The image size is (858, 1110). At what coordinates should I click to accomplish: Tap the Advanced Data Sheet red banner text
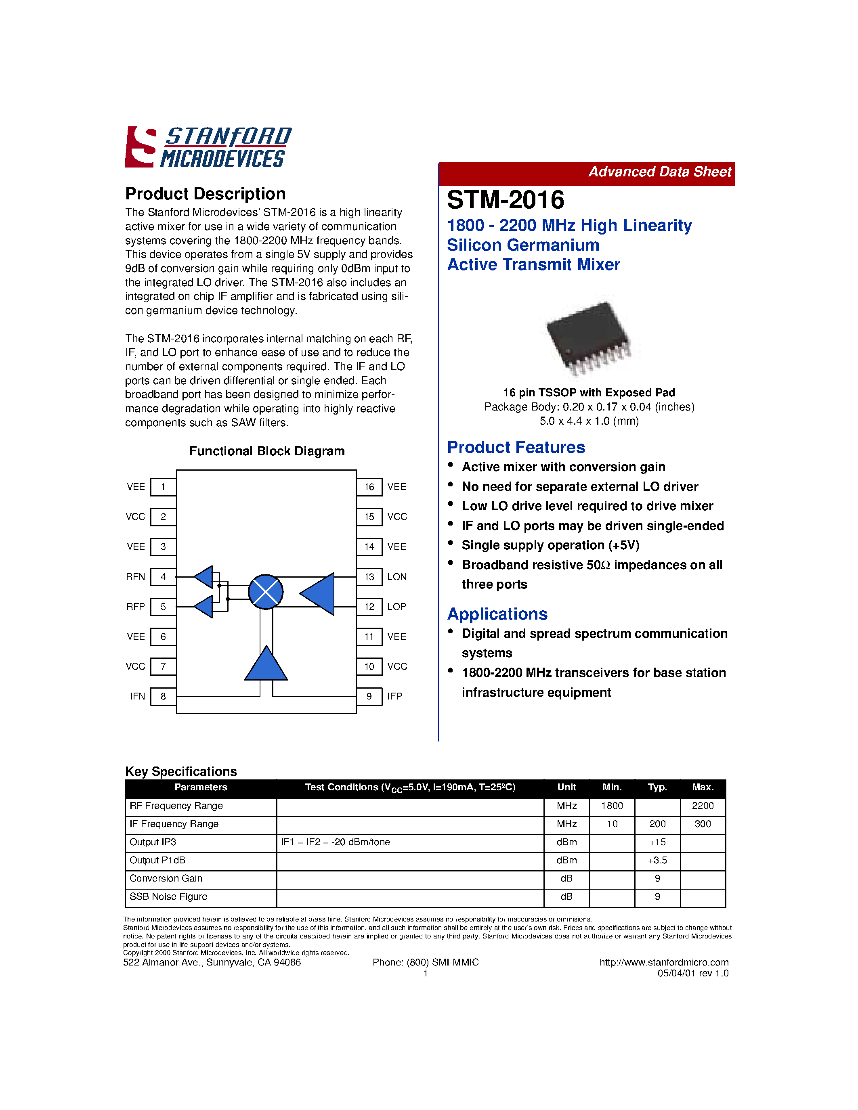point(659,172)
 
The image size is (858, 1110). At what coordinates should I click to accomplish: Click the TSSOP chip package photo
point(589,337)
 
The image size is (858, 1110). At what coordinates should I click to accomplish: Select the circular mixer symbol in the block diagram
point(265,592)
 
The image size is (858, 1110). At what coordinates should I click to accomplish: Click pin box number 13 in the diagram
point(369,577)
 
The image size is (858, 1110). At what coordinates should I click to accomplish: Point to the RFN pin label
point(136,577)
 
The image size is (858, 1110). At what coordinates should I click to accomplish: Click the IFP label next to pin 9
point(394,696)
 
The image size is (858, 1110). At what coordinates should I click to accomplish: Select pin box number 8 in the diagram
point(163,696)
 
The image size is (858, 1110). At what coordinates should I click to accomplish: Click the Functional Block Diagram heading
point(267,451)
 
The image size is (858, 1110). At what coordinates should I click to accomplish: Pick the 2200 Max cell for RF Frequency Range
point(703,806)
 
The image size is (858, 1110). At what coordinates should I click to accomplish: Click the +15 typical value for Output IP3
point(657,842)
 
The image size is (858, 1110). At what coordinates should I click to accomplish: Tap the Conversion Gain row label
point(166,878)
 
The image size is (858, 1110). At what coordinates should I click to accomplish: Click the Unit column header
point(566,787)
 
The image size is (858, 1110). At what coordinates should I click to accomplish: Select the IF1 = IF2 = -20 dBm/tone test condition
point(336,842)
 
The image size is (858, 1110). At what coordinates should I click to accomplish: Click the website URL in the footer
point(664,962)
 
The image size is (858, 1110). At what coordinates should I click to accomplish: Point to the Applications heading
point(497,614)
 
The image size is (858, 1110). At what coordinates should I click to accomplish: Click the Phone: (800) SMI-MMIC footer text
point(426,962)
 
